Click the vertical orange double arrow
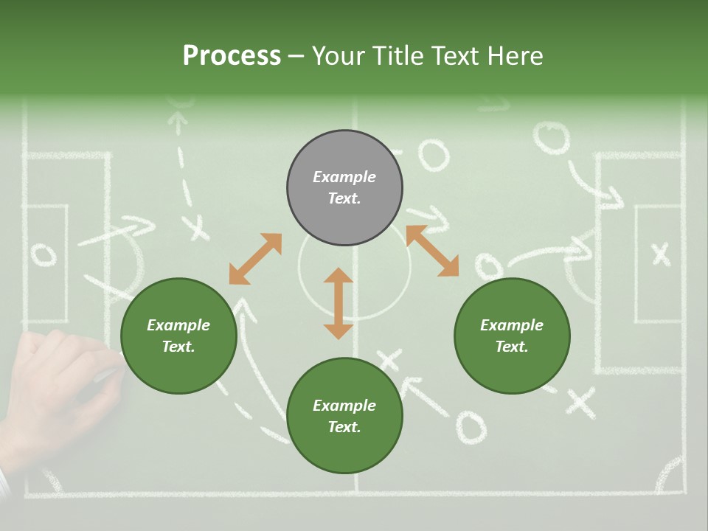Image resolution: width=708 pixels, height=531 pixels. click(339, 303)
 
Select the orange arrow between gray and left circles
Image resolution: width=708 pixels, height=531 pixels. click(255, 259)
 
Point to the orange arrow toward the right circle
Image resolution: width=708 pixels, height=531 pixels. click(432, 251)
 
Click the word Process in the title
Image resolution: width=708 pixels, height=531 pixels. click(232, 56)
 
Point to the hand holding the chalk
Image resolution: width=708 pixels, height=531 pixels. click(59, 391)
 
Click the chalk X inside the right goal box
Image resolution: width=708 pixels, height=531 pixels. click(661, 254)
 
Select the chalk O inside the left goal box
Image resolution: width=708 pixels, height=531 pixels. click(44, 255)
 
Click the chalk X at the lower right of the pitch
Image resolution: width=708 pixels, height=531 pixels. click(580, 403)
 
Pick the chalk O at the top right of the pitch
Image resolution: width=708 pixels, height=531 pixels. click(552, 139)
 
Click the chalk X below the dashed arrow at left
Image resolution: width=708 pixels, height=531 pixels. click(197, 227)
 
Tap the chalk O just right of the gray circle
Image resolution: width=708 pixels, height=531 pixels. click(434, 156)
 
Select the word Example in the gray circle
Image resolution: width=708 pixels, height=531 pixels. click(344, 177)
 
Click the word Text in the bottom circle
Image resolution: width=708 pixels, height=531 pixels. click(344, 427)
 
